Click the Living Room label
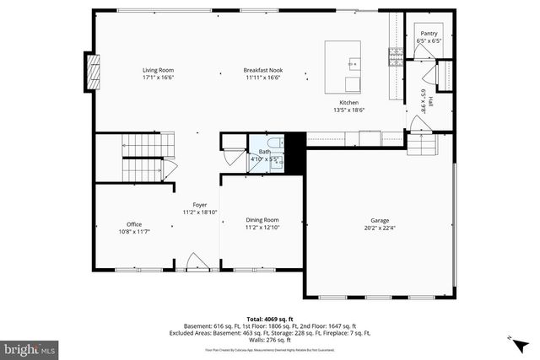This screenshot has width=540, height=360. [x=158, y=70]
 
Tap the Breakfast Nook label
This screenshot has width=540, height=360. [x=262, y=70]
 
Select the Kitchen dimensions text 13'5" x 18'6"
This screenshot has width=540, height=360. [x=349, y=110]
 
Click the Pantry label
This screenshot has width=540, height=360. [x=429, y=34]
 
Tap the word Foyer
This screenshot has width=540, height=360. [x=200, y=205]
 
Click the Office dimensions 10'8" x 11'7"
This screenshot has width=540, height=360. [x=133, y=231]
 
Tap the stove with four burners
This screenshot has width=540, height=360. [x=395, y=57]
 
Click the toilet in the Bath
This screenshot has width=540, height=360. [x=276, y=144]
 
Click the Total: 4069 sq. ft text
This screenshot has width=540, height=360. [x=270, y=320]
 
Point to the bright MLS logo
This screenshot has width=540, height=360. [x=30, y=347]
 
